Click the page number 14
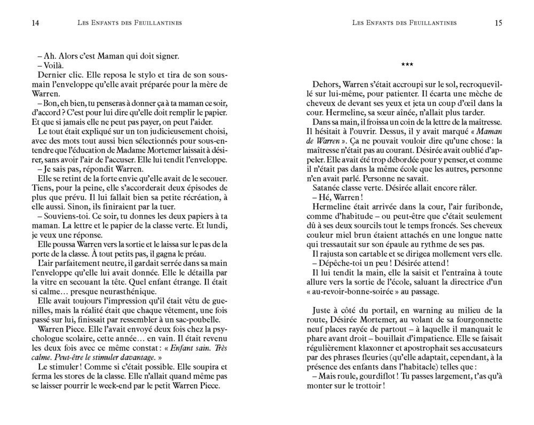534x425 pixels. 36,23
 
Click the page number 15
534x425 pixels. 499,23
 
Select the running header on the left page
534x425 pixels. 130,23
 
